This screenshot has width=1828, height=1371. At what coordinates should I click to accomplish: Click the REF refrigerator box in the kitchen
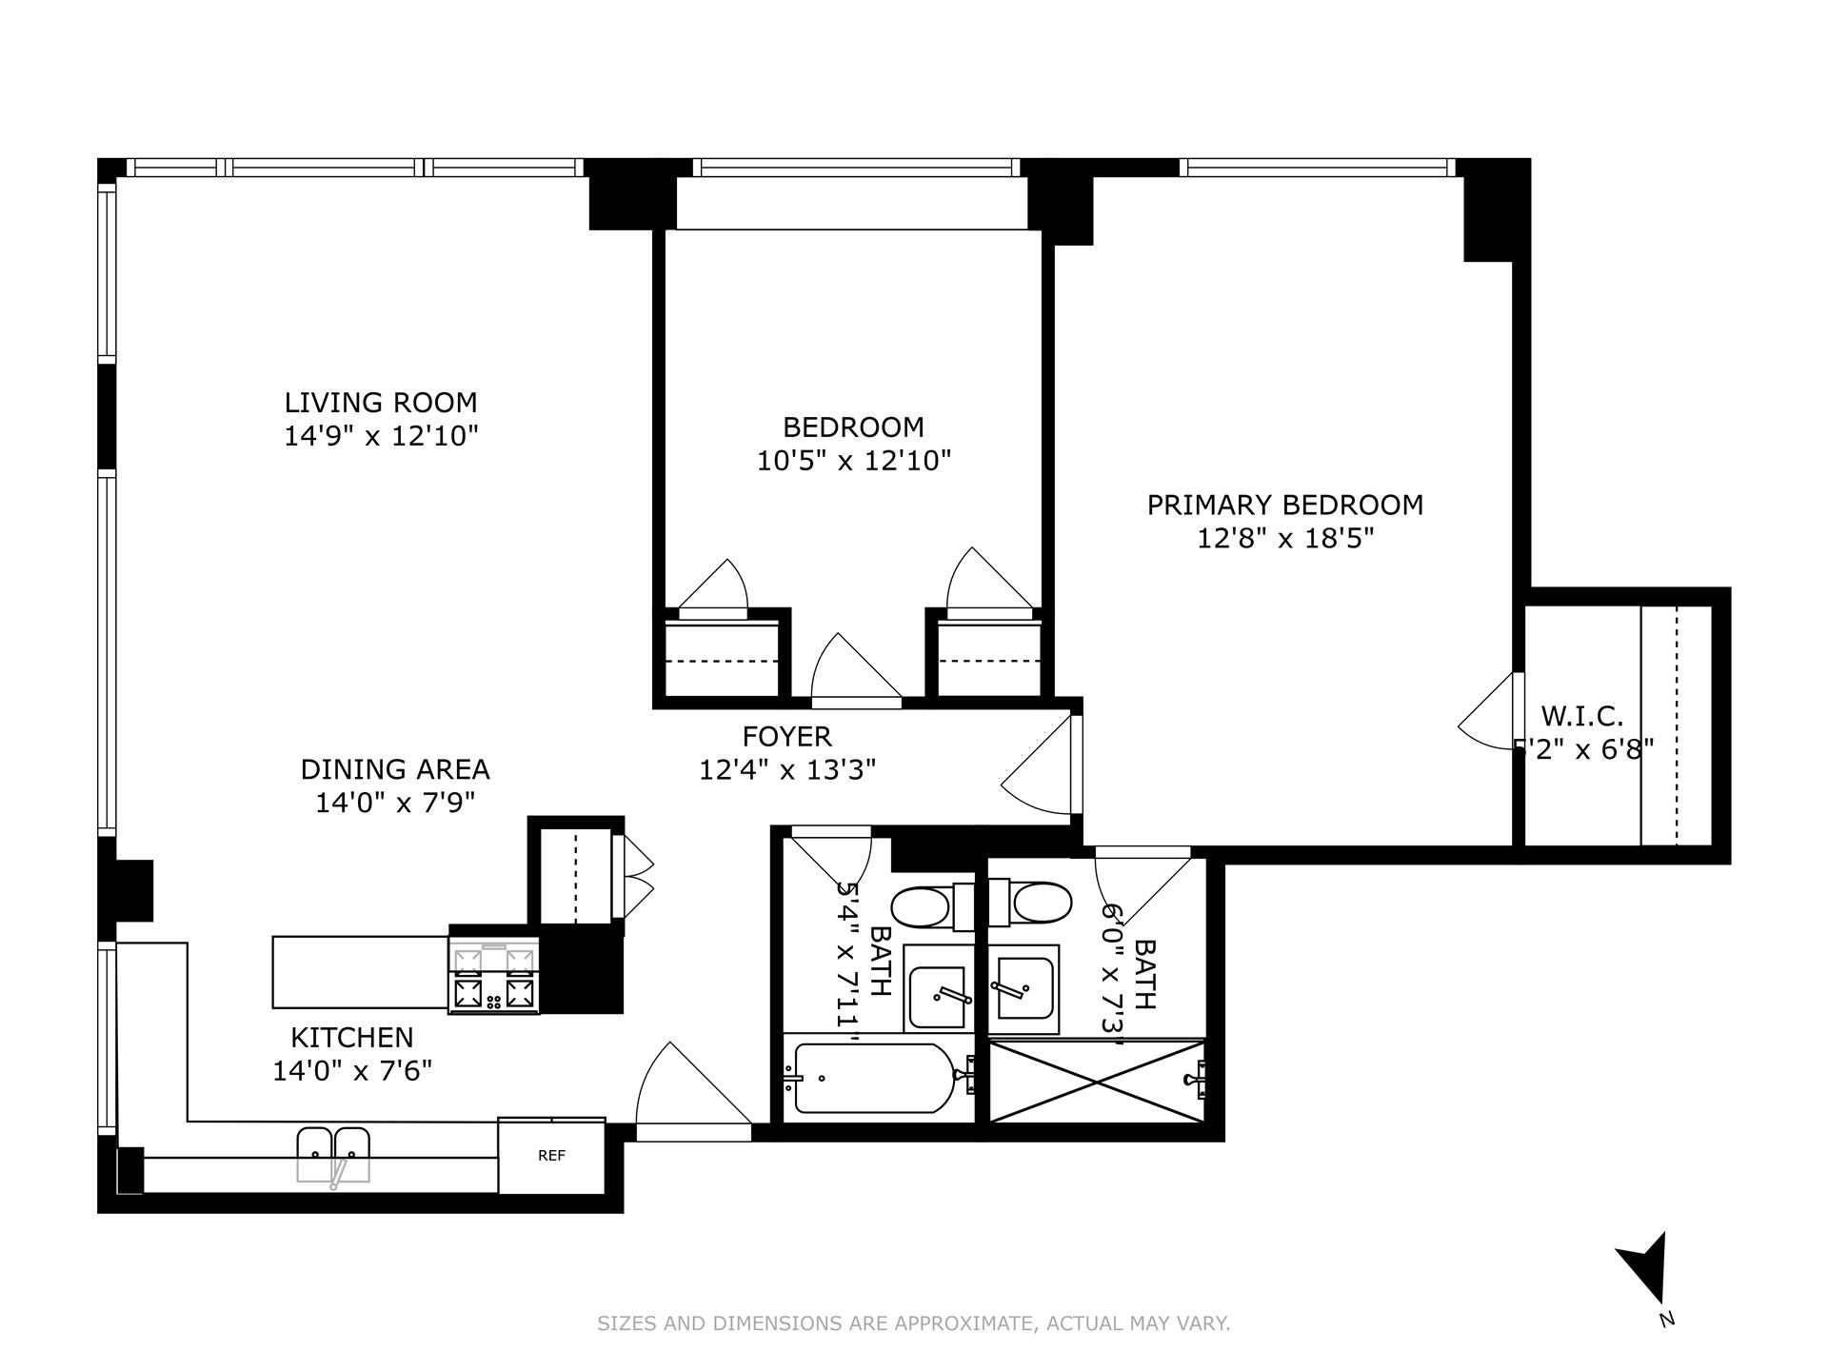click(551, 1156)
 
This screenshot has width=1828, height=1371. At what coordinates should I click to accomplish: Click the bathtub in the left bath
click(873, 1078)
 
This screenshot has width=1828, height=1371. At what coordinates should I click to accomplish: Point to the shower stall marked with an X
click(1097, 1082)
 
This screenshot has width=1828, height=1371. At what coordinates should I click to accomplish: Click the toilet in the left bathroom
click(923, 905)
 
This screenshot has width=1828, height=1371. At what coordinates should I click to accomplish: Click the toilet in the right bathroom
click(1041, 902)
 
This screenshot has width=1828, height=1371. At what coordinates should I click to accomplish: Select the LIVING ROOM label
click(381, 403)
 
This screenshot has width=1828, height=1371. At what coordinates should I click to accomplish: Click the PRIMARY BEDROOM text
click(1284, 505)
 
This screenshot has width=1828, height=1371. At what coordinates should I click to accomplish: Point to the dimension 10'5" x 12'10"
click(854, 462)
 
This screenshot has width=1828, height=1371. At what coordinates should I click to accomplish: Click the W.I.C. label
click(1581, 715)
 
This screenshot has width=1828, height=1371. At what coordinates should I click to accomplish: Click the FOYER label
click(786, 736)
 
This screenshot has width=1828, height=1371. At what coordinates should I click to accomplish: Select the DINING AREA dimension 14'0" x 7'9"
click(395, 803)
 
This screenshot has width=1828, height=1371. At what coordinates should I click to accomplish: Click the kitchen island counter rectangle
click(360, 972)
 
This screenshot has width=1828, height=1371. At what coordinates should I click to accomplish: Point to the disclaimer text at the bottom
click(913, 1323)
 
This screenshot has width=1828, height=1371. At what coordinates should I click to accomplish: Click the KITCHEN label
click(352, 1037)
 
